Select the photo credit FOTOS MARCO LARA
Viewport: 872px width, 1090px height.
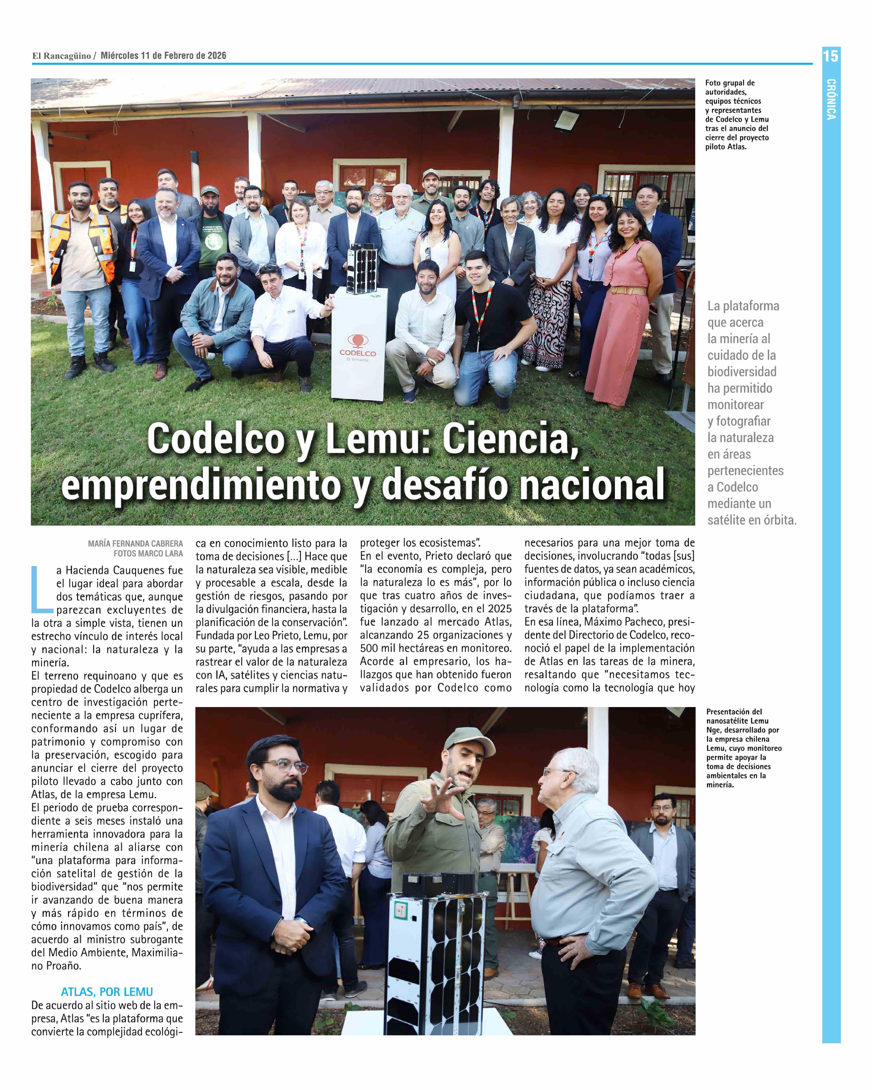tap(148, 554)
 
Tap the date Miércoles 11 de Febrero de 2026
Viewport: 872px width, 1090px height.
tap(163, 56)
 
